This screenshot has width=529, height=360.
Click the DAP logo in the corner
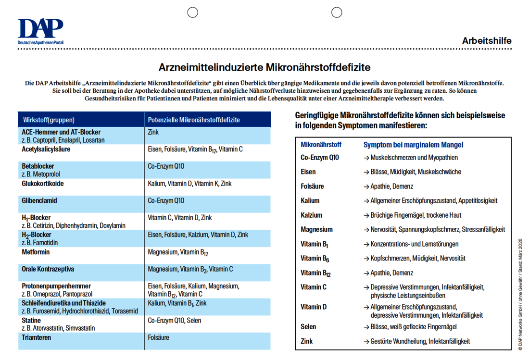(x=40, y=32)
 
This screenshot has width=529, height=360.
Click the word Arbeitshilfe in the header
(x=487, y=41)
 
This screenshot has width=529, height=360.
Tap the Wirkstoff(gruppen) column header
(x=49, y=120)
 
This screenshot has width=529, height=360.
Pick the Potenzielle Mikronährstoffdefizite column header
(x=194, y=120)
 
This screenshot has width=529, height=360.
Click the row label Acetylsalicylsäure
(x=46, y=149)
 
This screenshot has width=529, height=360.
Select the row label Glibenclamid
(x=39, y=200)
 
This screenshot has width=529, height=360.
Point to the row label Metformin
(x=36, y=252)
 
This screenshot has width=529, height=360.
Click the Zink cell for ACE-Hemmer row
(x=153, y=132)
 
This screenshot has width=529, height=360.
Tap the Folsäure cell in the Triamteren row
(x=159, y=337)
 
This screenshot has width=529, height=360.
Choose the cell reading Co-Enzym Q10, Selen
(x=175, y=321)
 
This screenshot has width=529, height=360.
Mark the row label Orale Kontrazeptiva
(x=48, y=269)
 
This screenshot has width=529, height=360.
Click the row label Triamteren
(x=37, y=337)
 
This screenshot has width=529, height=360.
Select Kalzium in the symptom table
(x=312, y=215)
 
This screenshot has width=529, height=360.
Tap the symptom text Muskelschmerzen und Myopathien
(x=414, y=157)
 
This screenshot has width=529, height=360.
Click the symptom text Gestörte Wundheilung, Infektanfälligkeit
(x=420, y=341)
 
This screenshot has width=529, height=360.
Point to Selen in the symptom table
(x=309, y=327)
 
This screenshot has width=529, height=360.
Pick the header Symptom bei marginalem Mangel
(x=413, y=145)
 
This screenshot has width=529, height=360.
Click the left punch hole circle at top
(x=193, y=12)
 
